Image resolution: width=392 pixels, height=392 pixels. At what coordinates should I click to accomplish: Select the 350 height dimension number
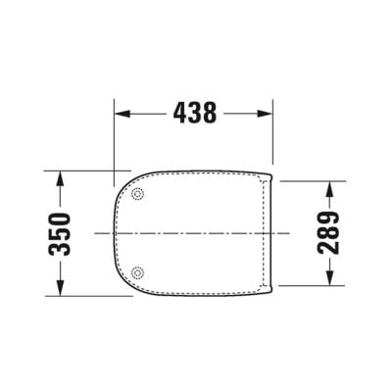(61, 233)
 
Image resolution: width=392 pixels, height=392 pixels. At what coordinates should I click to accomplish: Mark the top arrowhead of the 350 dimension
(61, 177)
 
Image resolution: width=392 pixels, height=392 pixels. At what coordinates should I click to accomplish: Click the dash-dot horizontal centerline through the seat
(196, 233)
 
